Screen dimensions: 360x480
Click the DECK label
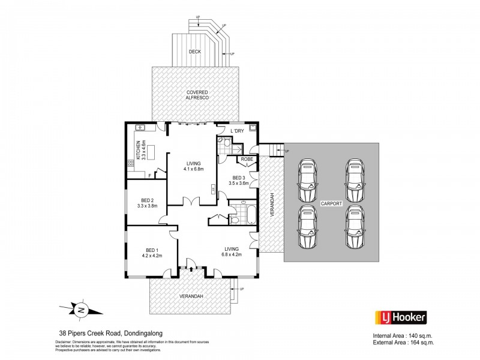194,52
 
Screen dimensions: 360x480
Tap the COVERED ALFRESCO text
196,95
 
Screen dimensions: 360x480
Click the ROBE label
247,159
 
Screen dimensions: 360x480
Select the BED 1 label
153,253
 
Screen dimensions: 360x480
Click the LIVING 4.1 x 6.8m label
194,166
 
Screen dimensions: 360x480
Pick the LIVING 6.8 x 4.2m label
232,251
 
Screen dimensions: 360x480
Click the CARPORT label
331,203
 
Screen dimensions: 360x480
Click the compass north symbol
80,310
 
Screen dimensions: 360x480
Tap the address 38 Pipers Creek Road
107,333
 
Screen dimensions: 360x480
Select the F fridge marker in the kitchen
149,176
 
